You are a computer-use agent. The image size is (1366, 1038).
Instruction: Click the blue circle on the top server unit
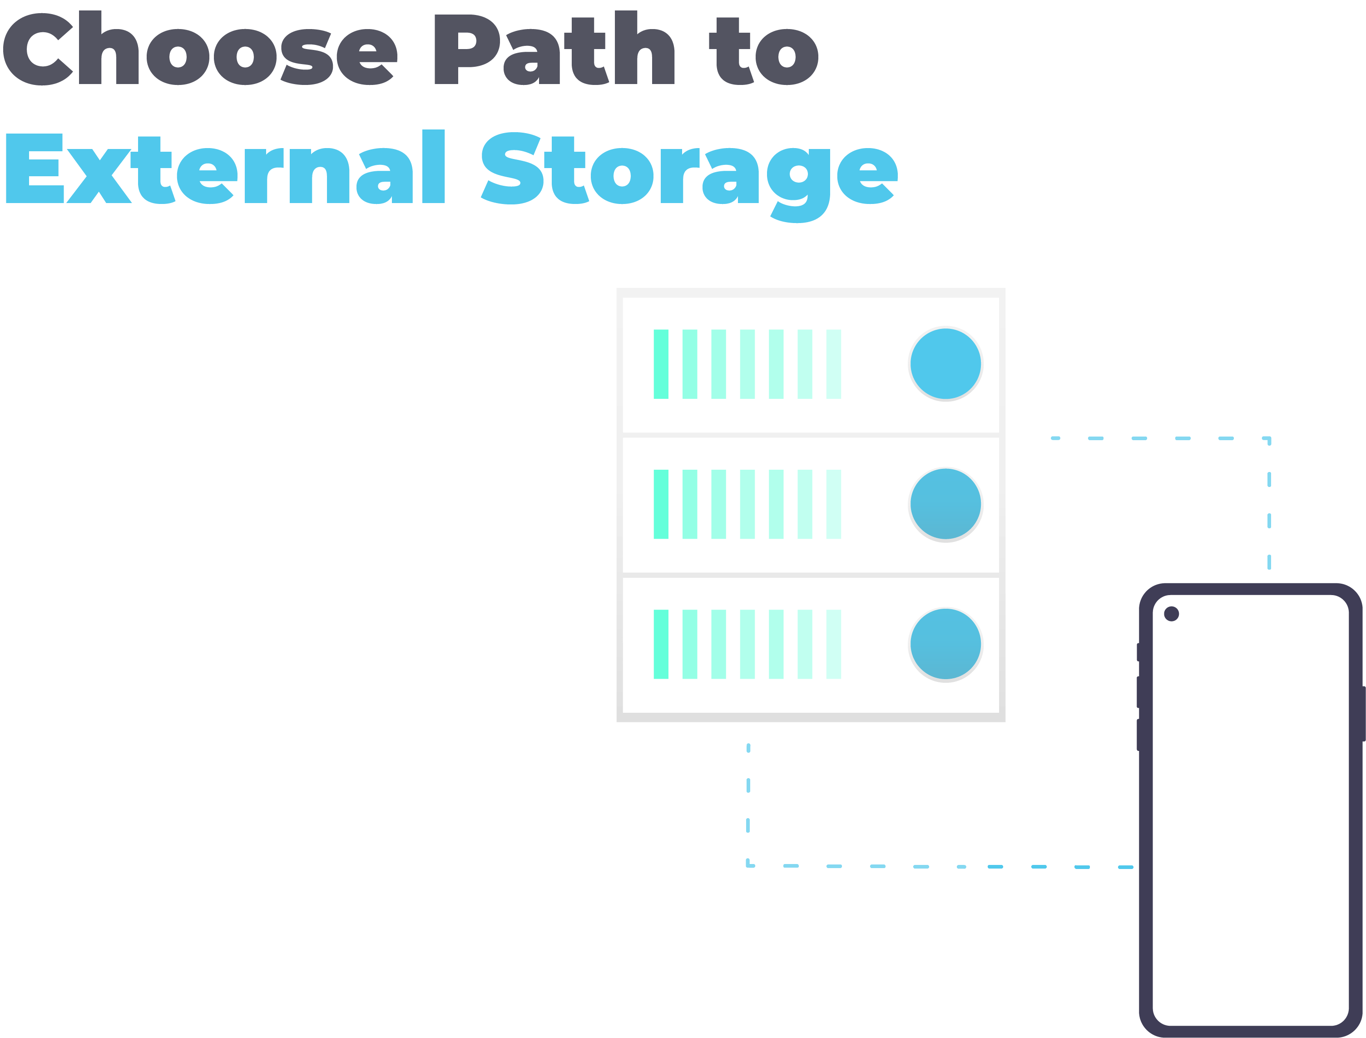945,364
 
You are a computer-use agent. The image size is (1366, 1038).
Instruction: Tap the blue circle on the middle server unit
945,504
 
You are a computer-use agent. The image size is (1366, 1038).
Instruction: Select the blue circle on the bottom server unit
945,645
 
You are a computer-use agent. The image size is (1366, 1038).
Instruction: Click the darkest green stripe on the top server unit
661,364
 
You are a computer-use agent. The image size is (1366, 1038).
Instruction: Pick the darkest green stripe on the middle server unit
661,504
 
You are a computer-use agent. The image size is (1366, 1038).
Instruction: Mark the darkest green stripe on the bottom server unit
661,645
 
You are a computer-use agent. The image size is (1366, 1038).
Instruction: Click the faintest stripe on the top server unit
833,364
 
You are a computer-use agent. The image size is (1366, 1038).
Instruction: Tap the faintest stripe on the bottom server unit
833,645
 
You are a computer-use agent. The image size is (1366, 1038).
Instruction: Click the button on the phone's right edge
1364,714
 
